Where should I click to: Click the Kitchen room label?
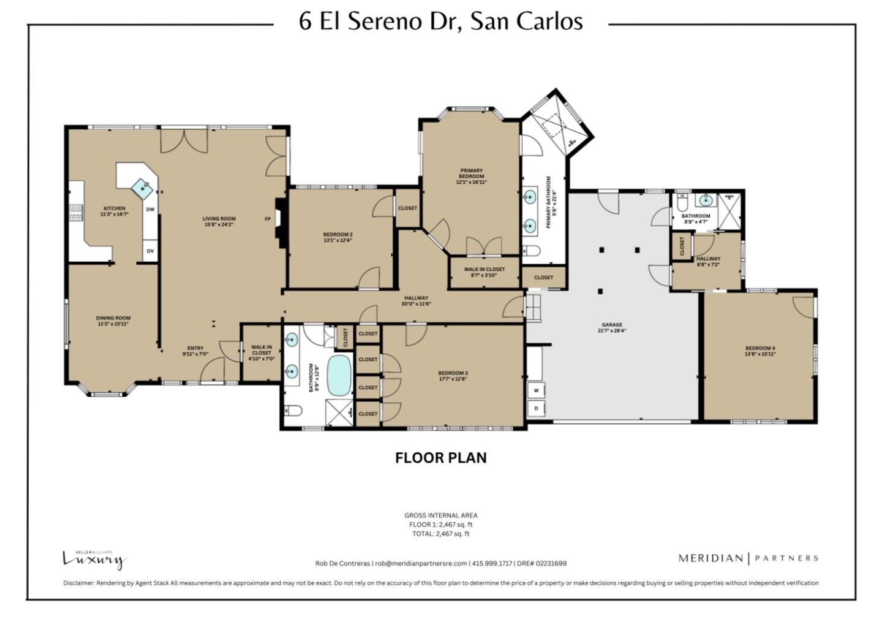coord(115,211)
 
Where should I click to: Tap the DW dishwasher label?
coord(150,210)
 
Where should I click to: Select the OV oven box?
coord(150,251)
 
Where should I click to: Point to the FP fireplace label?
coord(267,219)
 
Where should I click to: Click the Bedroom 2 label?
coord(337,237)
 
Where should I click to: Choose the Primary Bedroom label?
coord(471,177)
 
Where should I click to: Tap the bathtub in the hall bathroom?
coord(339,375)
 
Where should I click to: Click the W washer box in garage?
coord(536,390)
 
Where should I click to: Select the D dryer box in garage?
coord(536,408)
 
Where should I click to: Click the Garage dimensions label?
coord(612,330)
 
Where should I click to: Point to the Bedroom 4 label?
coord(759,351)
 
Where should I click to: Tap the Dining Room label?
coord(113,321)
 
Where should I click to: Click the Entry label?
coord(195,351)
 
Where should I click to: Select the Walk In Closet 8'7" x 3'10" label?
coord(484,272)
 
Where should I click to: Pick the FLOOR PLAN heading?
coord(440,458)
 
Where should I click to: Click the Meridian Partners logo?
coord(748,558)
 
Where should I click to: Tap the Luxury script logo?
coord(94,559)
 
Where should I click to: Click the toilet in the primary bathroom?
coord(530,251)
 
